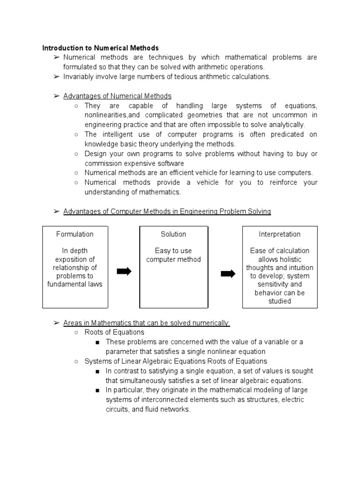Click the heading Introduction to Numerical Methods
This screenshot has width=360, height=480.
pyautogui.click(x=100, y=48)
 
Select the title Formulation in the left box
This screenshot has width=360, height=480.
pyautogui.click(x=75, y=234)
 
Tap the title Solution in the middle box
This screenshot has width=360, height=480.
pyautogui.click(x=173, y=234)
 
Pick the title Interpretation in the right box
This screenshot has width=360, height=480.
pyautogui.click(x=279, y=234)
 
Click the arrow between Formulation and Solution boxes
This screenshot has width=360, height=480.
pyautogui.click(x=124, y=271)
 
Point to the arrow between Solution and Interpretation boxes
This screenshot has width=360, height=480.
pyautogui.click(x=227, y=274)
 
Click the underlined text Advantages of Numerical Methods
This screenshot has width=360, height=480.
pyautogui.click(x=117, y=96)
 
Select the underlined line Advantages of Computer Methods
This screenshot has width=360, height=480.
pyautogui.click(x=167, y=211)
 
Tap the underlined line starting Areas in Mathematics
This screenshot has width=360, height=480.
pyautogui.click(x=146, y=323)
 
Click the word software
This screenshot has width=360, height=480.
pyautogui.click(x=168, y=163)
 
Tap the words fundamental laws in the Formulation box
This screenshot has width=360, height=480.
pyautogui.click(x=75, y=284)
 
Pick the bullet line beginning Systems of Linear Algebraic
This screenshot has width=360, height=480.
pyautogui.click(x=176, y=361)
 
